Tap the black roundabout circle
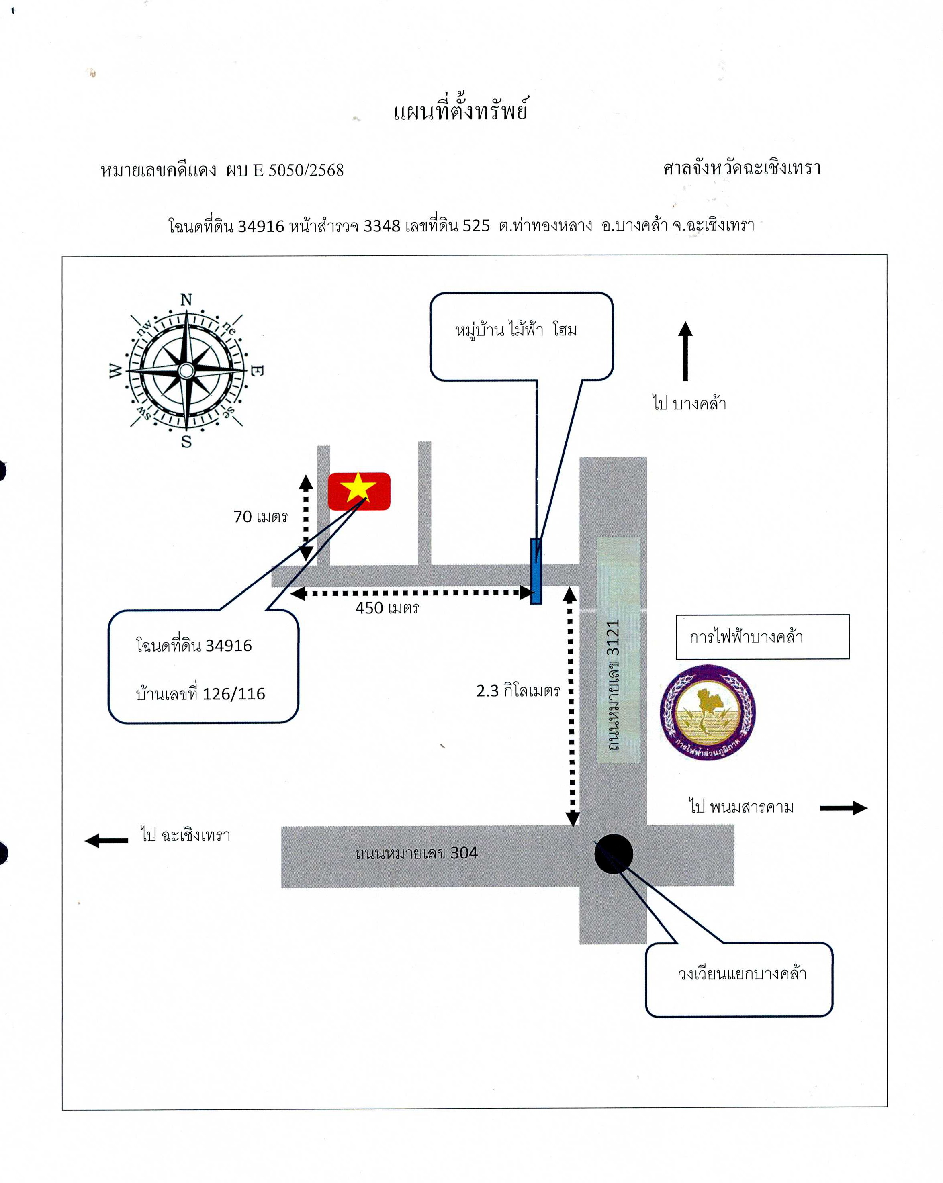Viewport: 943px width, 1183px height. [614, 853]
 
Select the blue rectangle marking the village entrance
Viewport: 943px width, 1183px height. [536, 571]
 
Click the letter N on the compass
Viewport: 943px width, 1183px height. [186, 300]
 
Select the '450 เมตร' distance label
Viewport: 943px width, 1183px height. [387, 608]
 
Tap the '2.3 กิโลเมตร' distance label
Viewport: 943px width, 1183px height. [518, 690]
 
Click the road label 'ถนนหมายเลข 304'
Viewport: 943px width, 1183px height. [417, 853]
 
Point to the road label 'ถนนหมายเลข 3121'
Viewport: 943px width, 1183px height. [613, 685]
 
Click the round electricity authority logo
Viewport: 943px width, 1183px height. [708, 712]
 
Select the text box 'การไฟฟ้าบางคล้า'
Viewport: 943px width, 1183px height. [763, 637]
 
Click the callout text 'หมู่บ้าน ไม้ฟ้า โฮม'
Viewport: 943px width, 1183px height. [516, 330]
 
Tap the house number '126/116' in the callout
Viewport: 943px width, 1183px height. [234, 694]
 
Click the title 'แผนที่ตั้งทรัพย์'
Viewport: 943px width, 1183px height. [461, 110]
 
